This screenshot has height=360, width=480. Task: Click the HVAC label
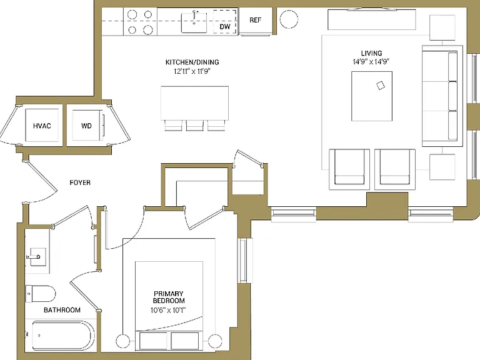click(42, 126)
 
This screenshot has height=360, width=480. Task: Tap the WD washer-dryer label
click(86, 126)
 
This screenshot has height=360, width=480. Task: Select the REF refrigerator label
click(255, 20)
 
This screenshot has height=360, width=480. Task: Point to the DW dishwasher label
click(225, 27)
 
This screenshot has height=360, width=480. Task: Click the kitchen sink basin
click(194, 22)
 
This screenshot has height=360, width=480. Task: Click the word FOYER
click(80, 182)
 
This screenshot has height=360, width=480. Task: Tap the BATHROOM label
click(62, 310)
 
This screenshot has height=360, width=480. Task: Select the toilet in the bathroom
click(40, 294)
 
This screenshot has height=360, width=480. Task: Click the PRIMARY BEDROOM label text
click(169, 297)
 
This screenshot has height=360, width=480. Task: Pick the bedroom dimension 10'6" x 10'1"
click(168, 310)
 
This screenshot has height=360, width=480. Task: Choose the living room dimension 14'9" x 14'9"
click(371, 61)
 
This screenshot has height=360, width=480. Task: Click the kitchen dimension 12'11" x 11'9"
click(192, 71)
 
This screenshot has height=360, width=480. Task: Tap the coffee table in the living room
click(372, 96)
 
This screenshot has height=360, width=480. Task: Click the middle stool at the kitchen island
click(195, 126)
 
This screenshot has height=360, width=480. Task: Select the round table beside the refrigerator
click(289, 19)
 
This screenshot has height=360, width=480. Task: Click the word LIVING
click(371, 53)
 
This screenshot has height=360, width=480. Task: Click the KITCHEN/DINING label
click(192, 62)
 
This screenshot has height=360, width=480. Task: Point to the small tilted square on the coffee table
click(381, 86)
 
